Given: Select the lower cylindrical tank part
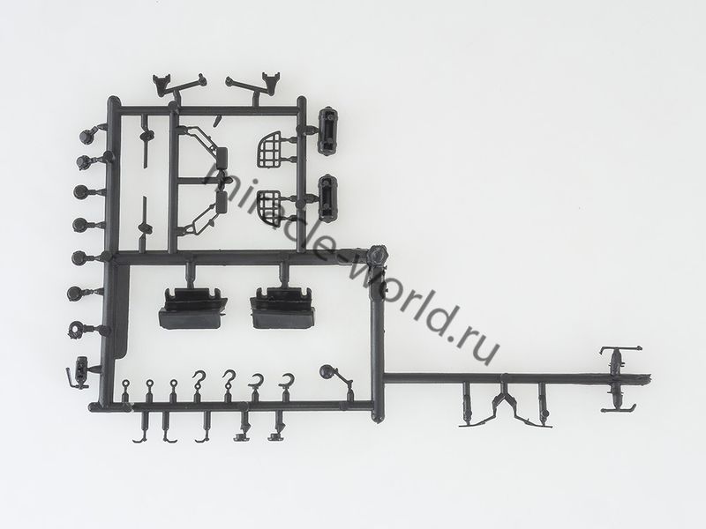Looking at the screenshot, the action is click(x=328, y=197).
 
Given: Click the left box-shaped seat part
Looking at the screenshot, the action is click(x=192, y=309).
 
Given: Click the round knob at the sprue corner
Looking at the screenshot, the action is click(x=377, y=256).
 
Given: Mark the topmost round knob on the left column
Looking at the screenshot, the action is click(x=86, y=136).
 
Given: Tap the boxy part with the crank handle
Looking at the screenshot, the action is click(x=79, y=372).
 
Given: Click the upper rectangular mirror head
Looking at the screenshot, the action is click(x=222, y=158).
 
